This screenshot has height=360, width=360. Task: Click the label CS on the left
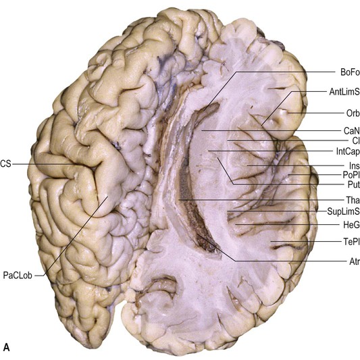coord(5,164)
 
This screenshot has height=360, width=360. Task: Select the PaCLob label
coord(18,276)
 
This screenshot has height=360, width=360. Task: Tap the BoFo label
coord(350,72)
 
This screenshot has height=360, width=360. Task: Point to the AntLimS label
coord(344,92)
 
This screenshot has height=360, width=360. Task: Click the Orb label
coord(353,113)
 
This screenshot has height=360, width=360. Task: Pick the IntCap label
coord(348,151)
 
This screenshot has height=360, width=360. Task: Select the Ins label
coord(355,165)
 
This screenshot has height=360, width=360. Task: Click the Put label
coord(353,184)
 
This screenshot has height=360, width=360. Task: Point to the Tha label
coord(353,200)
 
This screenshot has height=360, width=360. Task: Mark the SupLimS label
coord(344,211)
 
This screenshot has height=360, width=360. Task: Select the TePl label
coord(351,242)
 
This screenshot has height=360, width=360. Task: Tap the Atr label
coord(355,261)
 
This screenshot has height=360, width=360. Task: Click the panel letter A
coord(7,347)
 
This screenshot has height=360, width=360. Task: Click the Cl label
coord(356,140)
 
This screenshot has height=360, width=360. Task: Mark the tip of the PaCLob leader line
coord(107,197)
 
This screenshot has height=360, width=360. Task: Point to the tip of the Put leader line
coord(217,158)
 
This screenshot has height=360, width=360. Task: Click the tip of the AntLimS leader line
coord(262,126)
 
